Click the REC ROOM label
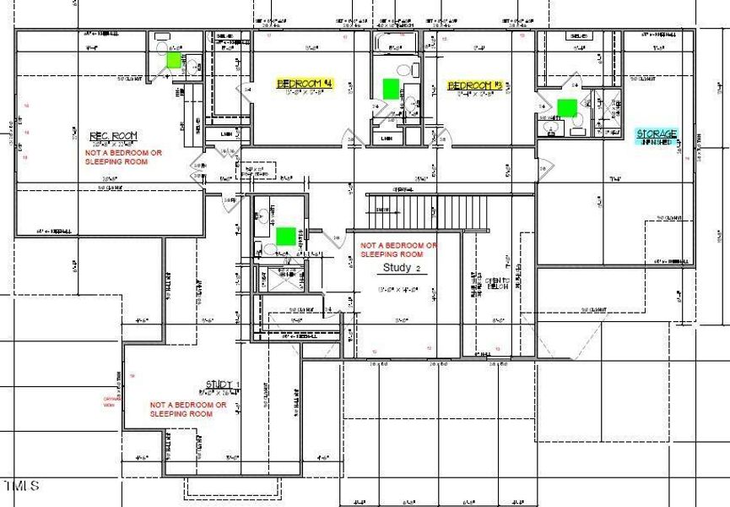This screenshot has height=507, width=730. pos(113,137)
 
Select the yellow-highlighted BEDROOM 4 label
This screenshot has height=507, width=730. pos(306,84)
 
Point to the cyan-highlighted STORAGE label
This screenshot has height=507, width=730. pos(657,134)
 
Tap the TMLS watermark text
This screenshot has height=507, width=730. pos(22,486)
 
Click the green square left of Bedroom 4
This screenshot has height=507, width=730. pos(175,60)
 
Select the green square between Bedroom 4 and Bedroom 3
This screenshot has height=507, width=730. pos(390,87)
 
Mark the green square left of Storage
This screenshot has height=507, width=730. pos(567,106)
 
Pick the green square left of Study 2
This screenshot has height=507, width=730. pos(286,236)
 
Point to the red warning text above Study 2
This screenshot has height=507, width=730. pos(398,249)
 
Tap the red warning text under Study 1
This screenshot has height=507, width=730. pos(187,409)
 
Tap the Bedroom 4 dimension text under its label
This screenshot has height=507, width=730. pos(305,94)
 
